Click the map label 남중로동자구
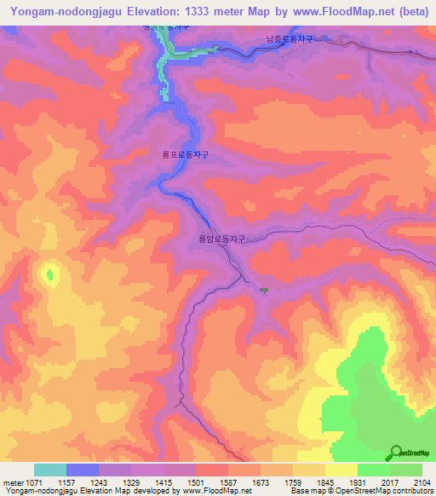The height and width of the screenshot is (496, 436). [291, 39]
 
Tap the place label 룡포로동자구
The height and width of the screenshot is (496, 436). [185, 156]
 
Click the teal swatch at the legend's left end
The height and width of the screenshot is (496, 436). [50, 470]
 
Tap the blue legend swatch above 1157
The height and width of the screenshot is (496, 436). [83, 470]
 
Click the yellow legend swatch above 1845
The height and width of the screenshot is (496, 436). [341, 470]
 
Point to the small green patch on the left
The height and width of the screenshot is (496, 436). [49, 274]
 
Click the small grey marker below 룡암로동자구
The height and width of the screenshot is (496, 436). [264, 291]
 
